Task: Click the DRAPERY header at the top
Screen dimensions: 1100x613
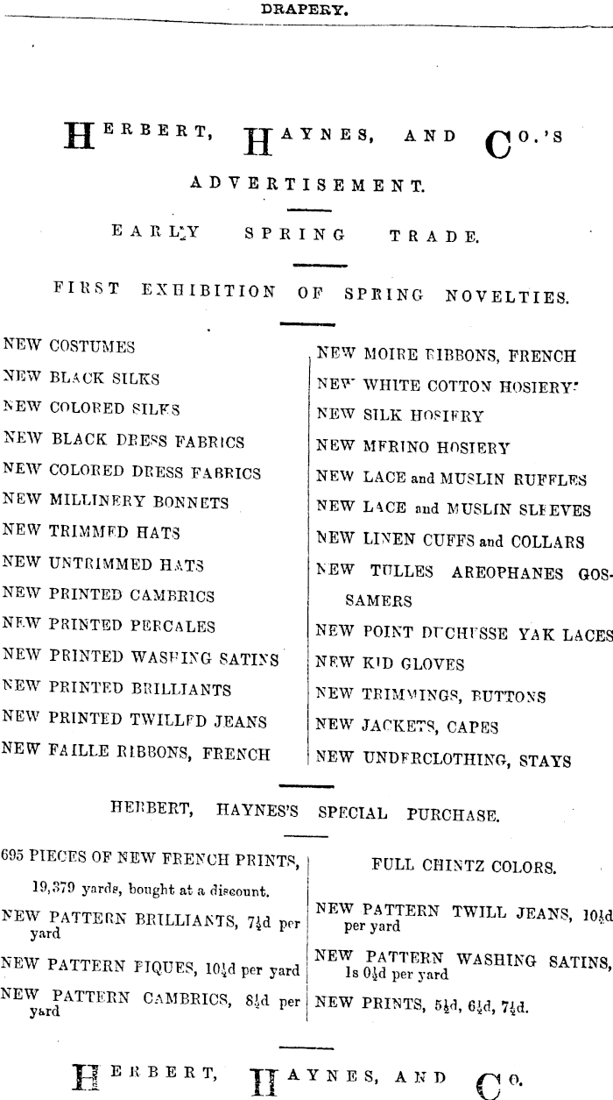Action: click(306, 11)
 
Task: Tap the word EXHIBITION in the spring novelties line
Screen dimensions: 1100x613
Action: click(208, 292)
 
